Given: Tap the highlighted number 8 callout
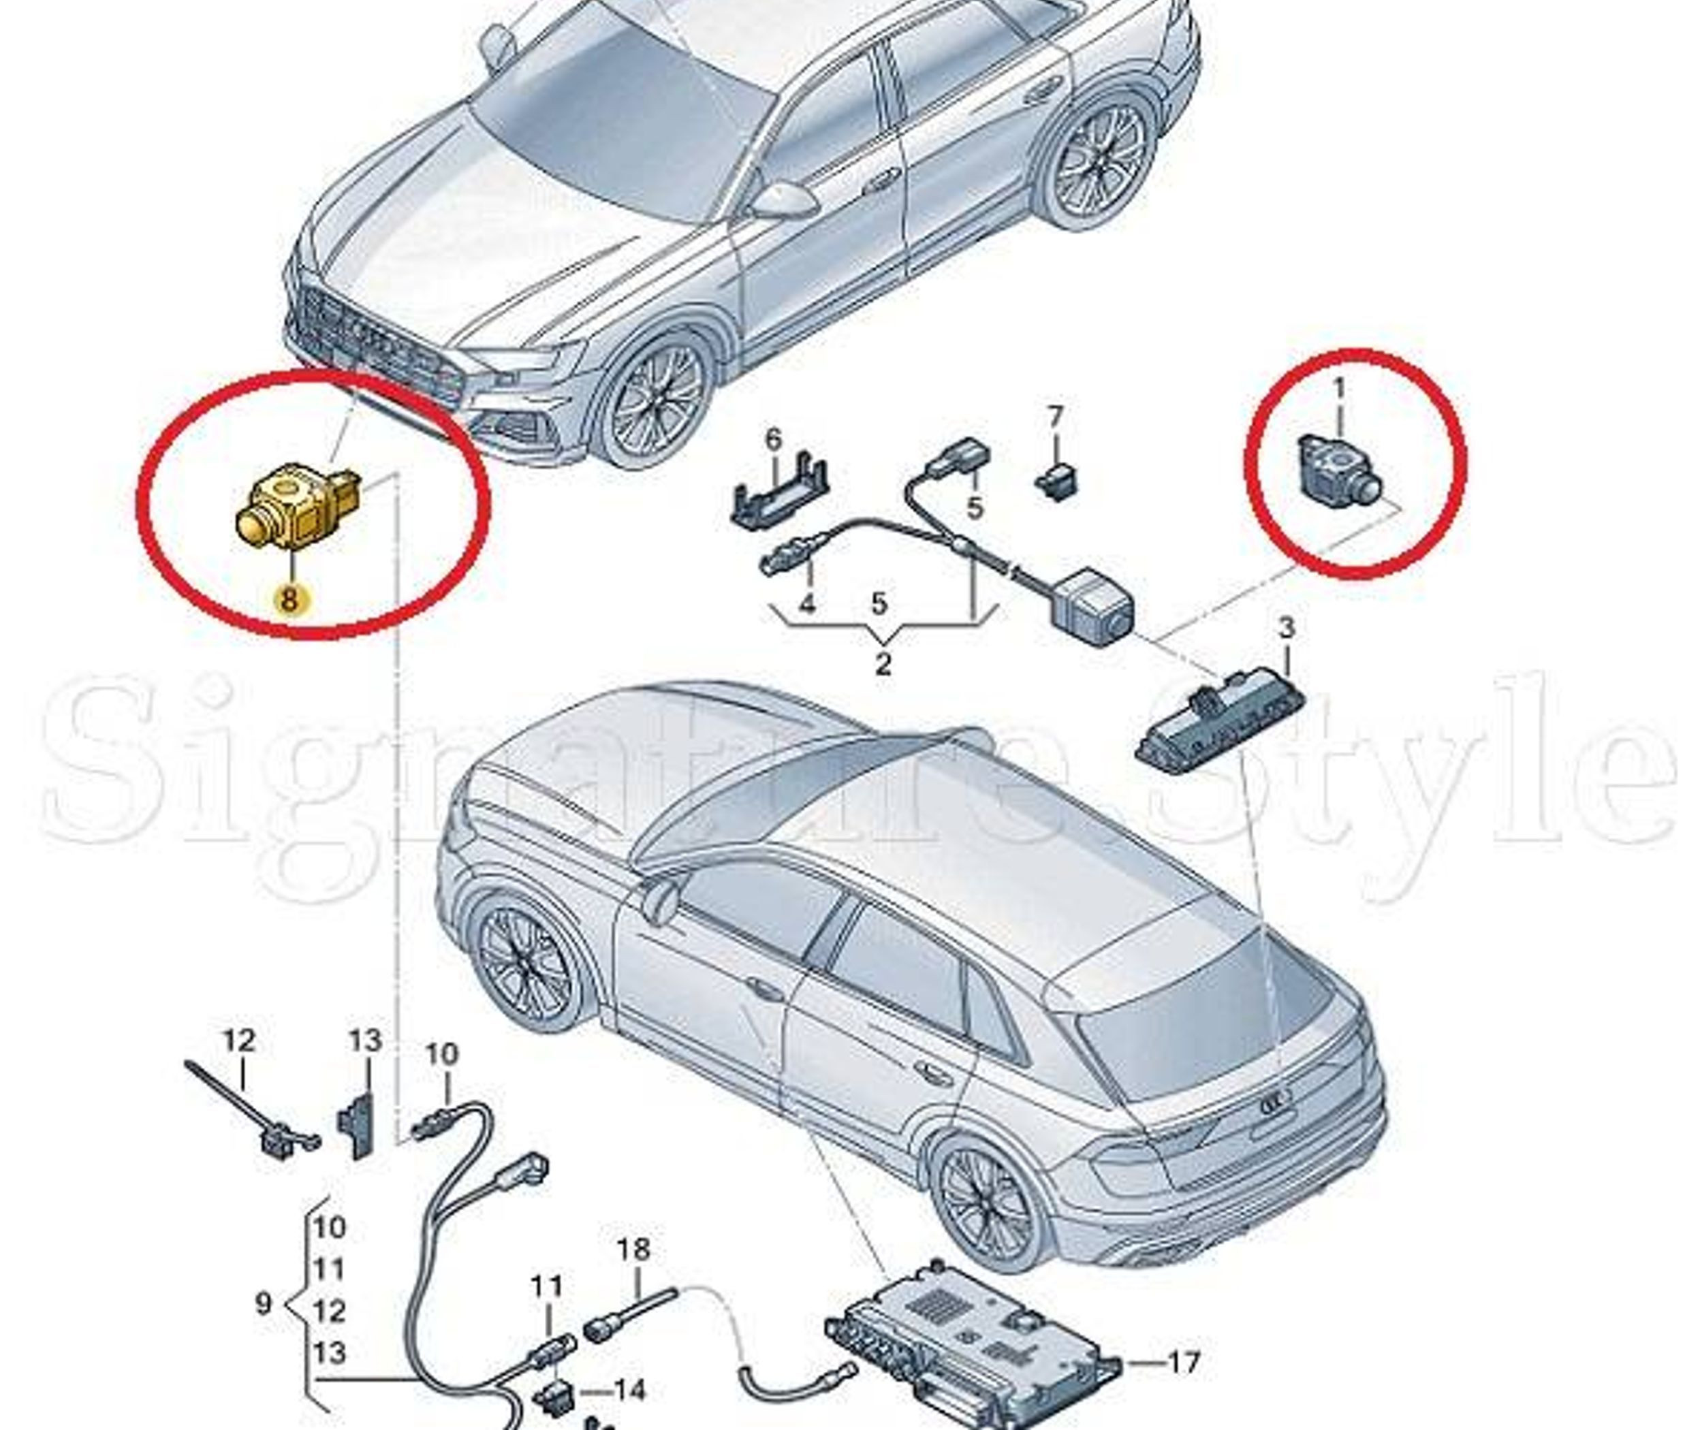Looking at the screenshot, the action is [x=289, y=599].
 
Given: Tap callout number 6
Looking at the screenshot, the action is [x=774, y=440].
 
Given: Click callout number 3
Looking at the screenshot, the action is [x=1286, y=626].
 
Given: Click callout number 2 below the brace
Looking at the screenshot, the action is [x=883, y=664].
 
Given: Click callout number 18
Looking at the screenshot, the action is [x=633, y=1250].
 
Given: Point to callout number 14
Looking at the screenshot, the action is [x=628, y=1391].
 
